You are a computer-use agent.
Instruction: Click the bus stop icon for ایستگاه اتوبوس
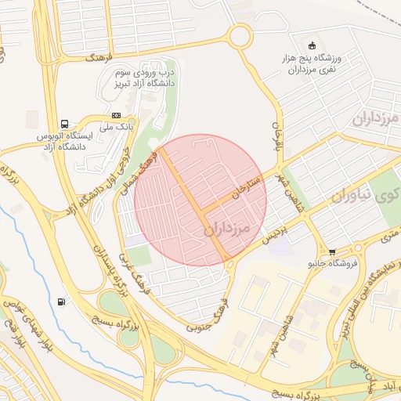coord(63,124)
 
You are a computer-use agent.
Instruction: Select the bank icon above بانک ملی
coord(117,115)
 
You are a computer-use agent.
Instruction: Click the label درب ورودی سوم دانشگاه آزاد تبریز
coord(146,77)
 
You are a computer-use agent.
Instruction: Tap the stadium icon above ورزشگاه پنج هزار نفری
coord(312,45)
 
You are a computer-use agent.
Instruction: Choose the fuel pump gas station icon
coord(61,302)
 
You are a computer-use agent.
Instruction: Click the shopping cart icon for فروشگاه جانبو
coord(333,252)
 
